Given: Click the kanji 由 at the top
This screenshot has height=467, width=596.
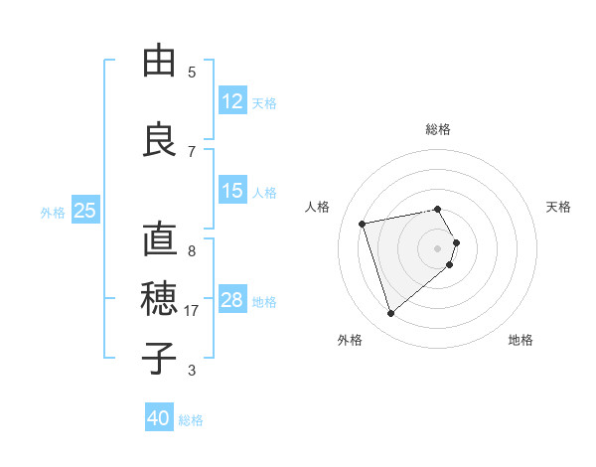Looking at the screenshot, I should click(159, 61).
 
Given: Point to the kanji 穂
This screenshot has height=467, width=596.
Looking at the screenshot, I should click(159, 297).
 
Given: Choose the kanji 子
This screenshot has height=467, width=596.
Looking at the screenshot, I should click(159, 357).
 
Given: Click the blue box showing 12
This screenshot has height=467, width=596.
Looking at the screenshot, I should click(232, 101).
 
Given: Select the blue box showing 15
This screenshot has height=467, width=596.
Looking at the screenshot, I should click(232, 191).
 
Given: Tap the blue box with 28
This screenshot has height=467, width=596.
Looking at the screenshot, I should click(232, 300).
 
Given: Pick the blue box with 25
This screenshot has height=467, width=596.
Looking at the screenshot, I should click(85, 211).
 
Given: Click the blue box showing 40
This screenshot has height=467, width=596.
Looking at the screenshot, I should click(159, 418).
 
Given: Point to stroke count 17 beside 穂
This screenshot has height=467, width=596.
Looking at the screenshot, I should click(193, 311).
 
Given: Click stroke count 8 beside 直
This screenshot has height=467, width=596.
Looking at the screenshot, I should click(192, 250).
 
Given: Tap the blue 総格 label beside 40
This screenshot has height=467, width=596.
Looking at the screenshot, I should click(191, 420).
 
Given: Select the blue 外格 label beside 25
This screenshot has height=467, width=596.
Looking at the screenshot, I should click(53, 212).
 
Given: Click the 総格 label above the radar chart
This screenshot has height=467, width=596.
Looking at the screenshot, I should click(437, 129).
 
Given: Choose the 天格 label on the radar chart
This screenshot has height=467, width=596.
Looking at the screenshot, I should click(559, 207).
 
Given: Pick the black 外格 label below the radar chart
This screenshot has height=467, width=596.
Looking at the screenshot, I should click(350, 340).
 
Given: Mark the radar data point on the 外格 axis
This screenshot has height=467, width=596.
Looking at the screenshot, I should click(391, 313).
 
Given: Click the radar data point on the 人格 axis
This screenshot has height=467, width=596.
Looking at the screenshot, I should click(363, 223).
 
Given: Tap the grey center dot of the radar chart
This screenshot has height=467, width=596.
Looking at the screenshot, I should click(437, 247).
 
